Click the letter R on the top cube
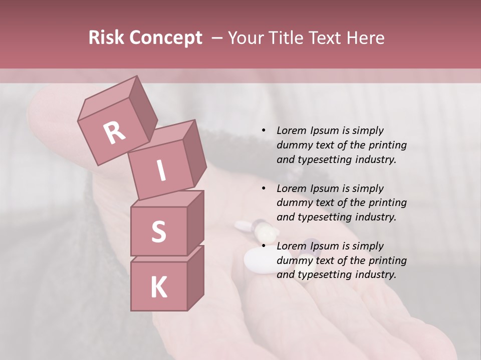click(x=115, y=132)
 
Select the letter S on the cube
click(x=158, y=231)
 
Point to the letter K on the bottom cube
click(x=158, y=287)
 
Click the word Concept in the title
click(x=165, y=38)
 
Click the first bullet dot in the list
click(x=264, y=130)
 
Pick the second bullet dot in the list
click(x=264, y=188)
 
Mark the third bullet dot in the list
click(x=264, y=246)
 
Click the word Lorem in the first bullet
click(x=291, y=130)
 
